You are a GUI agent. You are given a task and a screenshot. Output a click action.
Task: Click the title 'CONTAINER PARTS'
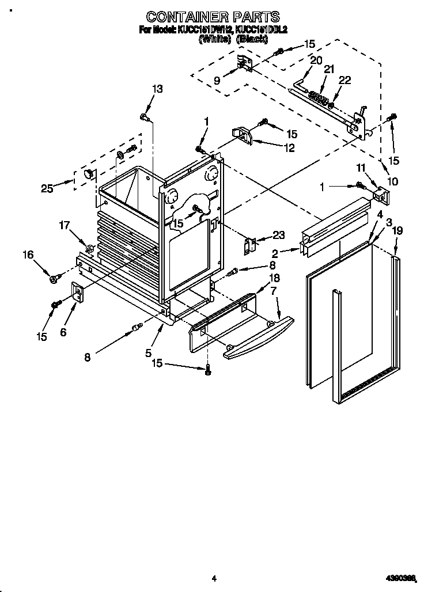(x=213, y=16)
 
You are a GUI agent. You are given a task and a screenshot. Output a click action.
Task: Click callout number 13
(x=157, y=89)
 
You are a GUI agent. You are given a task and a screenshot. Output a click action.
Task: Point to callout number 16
(x=28, y=255)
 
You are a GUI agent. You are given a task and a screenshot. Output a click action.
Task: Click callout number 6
(x=63, y=332)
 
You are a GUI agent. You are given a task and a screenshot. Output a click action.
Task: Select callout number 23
(x=278, y=235)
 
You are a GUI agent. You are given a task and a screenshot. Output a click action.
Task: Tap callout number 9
(x=217, y=81)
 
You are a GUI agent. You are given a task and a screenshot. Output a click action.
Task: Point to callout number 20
(x=316, y=60)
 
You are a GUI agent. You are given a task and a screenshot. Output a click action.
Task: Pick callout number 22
(x=344, y=81)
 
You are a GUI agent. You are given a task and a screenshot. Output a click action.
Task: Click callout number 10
(x=392, y=181)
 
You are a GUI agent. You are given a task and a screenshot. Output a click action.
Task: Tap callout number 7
(x=275, y=292)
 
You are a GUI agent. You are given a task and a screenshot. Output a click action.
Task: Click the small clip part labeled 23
(x=249, y=244)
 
